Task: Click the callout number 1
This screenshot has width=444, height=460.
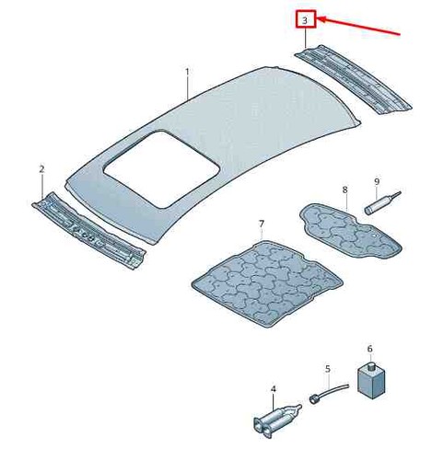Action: pos(187,72)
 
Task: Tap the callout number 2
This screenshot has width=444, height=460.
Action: pos(41,169)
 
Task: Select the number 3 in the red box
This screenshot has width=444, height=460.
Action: pos(305,20)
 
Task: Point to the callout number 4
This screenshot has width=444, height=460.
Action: pos(273,389)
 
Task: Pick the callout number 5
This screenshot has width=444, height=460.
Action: pos(328,369)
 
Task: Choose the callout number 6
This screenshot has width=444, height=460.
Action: pos(369,349)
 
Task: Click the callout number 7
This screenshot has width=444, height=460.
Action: pos(261,224)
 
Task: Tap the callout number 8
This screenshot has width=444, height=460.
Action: pos(345,190)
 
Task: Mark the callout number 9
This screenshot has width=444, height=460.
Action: pos(377,181)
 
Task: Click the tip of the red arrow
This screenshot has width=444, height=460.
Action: pos(317,19)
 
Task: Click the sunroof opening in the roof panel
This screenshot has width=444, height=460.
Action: pos(162,169)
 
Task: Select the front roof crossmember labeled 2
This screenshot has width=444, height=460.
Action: pos(88,231)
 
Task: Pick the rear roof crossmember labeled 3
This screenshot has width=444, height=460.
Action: pos(353,80)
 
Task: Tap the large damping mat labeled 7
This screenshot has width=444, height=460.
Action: pos(267,283)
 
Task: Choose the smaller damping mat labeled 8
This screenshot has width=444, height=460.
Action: pos(351,231)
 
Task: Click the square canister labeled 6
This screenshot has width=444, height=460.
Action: pos(371,381)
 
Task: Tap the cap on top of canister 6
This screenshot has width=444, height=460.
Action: pos(371,365)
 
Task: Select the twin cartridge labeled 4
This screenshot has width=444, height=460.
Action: pos(276,419)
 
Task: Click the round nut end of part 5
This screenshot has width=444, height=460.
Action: pos(314,399)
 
